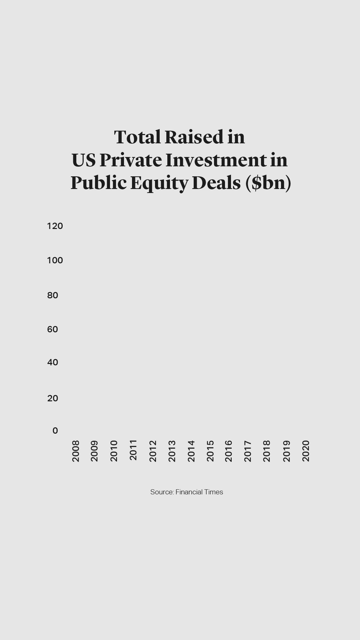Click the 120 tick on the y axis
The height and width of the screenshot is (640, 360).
click(x=55, y=226)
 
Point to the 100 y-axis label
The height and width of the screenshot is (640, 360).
click(x=55, y=260)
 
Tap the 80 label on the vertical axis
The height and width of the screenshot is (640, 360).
click(x=53, y=295)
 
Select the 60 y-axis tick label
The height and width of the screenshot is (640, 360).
click(x=53, y=329)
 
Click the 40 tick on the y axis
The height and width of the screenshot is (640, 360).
click(x=53, y=362)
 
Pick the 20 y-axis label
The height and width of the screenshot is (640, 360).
click(x=53, y=398)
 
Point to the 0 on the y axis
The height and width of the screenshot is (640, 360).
click(x=55, y=431)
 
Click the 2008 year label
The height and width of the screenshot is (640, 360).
click(x=76, y=451)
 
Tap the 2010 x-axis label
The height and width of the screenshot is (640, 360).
click(x=114, y=451)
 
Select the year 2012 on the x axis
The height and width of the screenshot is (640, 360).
click(x=153, y=451)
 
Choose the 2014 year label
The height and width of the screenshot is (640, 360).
click(x=191, y=451)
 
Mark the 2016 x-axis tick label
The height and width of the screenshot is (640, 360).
click(x=228, y=451)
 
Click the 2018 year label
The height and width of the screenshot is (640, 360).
click(x=267, y=451)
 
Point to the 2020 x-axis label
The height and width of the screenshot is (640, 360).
click(x=306, y=451)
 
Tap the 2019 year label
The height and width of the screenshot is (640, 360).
click(x=286, y=451)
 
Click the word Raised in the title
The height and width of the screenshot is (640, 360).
click(x=194, y=137)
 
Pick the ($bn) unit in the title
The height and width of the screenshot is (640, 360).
click(x=268, y=183)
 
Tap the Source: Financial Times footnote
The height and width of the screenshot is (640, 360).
click(x=187, y=492)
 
